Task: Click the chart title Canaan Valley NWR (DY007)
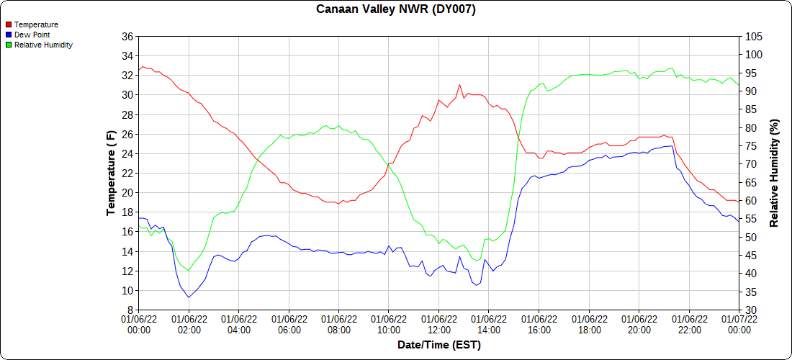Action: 396,9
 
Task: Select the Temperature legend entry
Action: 36,24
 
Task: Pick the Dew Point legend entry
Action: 32,35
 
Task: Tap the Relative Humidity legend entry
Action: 43,45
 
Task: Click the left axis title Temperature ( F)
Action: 111,173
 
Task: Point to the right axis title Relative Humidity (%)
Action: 775,173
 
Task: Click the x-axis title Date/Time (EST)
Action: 438,345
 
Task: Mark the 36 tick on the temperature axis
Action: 127,36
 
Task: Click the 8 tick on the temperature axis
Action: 130,310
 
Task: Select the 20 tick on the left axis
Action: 127,193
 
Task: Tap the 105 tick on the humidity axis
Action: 752,36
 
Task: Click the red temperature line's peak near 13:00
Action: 459,84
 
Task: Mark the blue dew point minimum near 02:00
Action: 189,297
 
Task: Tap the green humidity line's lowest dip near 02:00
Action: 189,271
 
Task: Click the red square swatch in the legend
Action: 9,24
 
